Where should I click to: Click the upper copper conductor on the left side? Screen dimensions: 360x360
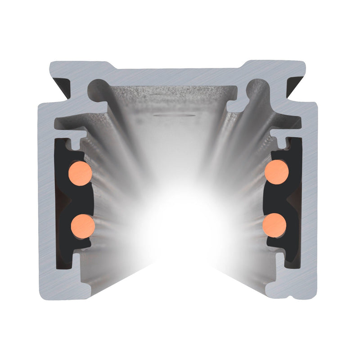(x=81, y=172)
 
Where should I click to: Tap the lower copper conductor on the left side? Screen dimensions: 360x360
(x=83, y=224)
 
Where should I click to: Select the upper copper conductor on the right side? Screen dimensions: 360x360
(x=276, y=171)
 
